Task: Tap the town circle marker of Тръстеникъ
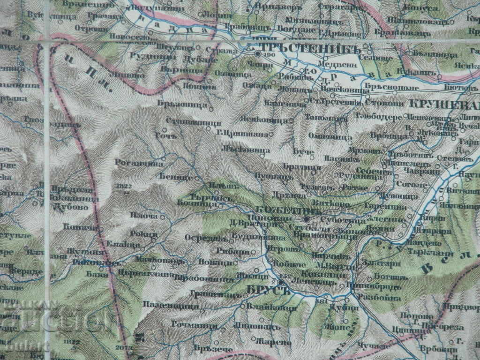[x=258, y=53]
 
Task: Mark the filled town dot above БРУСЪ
[x=280, y=282]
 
